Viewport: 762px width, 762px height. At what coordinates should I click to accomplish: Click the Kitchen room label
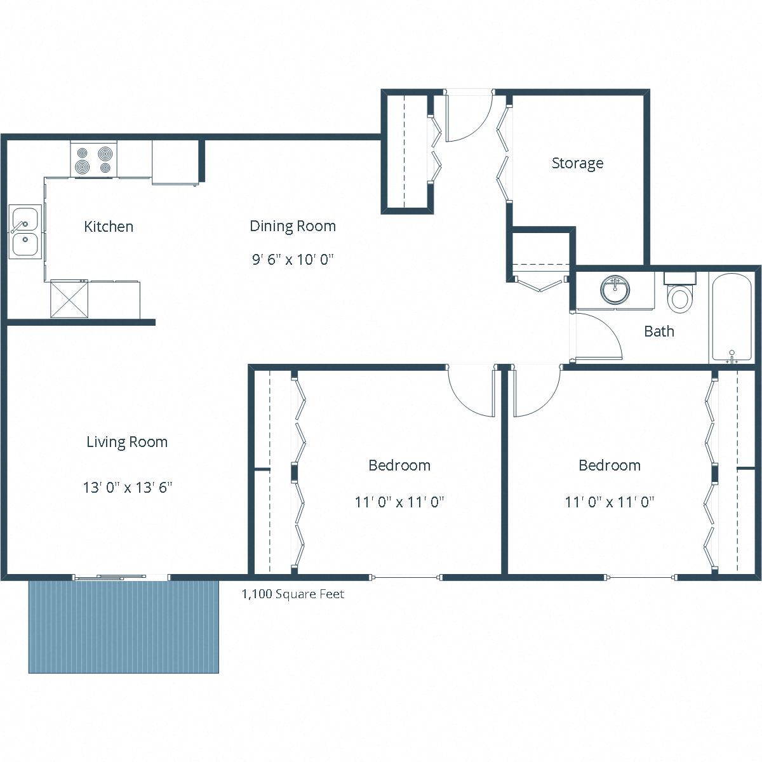click(x=109, y=227)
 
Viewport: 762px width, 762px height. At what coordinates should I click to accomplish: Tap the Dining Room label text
click(x=292, y=226)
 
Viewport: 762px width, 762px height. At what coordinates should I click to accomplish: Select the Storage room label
click(x=577, y=163)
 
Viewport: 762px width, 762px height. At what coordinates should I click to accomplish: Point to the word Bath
click(x=659, y=331)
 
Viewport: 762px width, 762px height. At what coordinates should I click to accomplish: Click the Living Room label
click(x=127, y=442)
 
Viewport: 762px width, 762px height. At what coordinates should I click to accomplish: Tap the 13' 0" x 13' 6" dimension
click(x=128, y=488)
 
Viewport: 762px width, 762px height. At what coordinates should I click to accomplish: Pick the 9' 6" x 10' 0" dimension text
click(x=292, y=260)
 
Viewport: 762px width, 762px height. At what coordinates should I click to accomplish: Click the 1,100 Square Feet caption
click(x=293, y=594)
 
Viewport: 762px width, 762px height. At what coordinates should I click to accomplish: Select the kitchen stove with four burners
click(x=93, y=160)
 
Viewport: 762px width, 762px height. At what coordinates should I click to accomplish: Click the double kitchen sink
click(x=25, y=232)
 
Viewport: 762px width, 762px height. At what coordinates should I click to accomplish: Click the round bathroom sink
click(x=615, y=290)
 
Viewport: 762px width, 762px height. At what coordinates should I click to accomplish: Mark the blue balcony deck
click(x=123, y=625)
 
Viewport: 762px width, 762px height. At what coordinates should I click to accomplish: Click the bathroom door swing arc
click(x=600, y=337)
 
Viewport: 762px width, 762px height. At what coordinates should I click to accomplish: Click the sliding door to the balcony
click(x=121, y=577)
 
